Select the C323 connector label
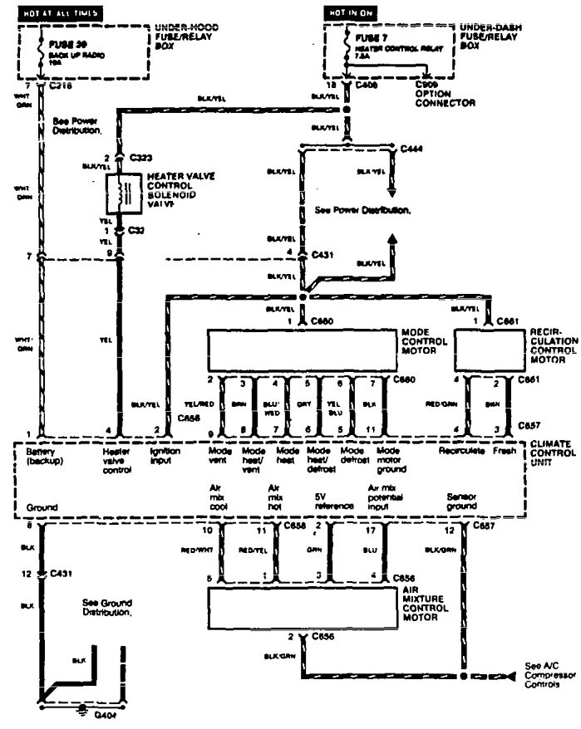140,156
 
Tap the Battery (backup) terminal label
42,457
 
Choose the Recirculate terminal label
460,452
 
